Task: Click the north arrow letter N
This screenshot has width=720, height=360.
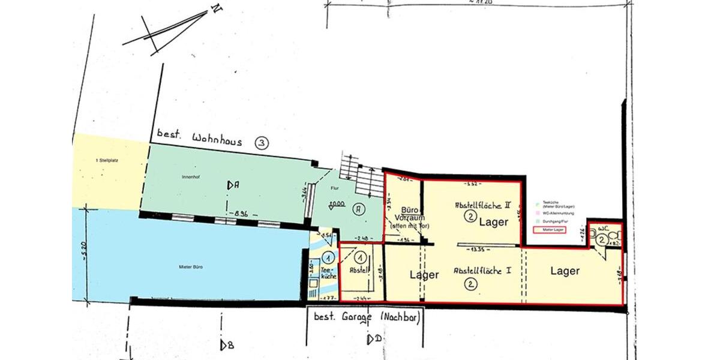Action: (x=214, y=9)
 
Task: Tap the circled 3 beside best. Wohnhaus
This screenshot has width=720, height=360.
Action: (x=262, y=143)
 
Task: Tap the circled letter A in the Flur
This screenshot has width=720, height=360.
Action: (x=359, y=209)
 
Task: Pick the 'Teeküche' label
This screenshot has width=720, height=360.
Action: (x=328, y=273)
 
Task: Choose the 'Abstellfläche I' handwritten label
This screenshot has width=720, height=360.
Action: (x=482, y=270)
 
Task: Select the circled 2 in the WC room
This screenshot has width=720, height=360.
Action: (x=602, y=239)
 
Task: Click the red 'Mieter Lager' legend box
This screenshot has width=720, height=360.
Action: (x=549, y=230)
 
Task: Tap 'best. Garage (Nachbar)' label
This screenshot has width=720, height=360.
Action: (x=364, y=316)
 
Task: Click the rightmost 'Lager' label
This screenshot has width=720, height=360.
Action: (x=565, y=271)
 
